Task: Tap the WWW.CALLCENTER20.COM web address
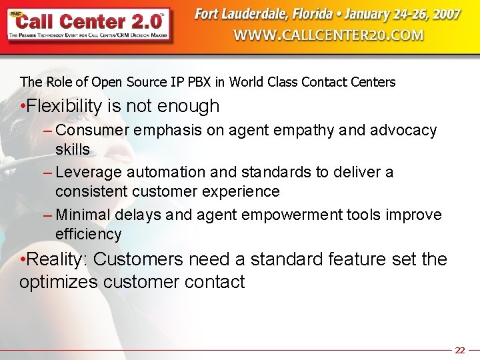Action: [329, 35]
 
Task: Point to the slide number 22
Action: [459, 350]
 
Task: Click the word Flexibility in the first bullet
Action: [65, 106]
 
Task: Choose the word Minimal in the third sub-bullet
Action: [83, 215]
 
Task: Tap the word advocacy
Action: [403, 130]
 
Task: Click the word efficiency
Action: [89, 234]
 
